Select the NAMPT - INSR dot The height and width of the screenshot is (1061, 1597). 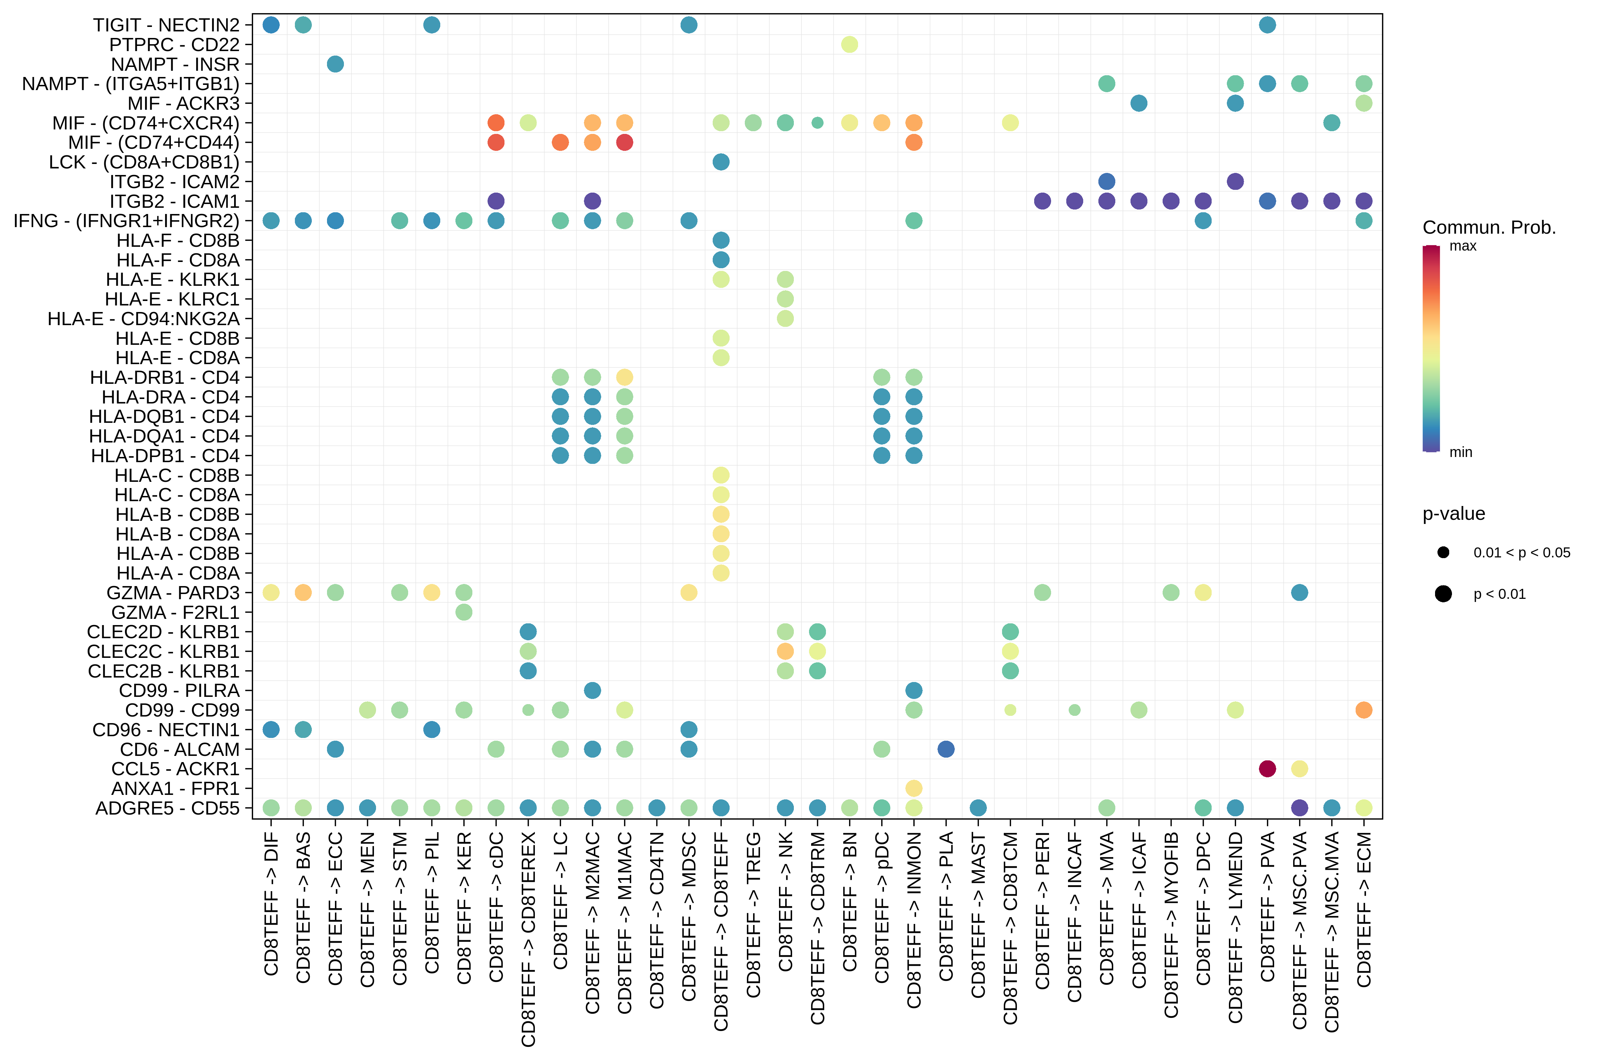(x=335, y=64)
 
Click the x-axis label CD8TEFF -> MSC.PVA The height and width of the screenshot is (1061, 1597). (x=1299, y=931)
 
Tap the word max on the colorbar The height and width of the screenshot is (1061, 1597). (x=1462, y=246)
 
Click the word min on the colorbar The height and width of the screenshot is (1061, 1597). (x=1460, y=452)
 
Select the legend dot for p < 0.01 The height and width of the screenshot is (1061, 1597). (x=1443, y=594)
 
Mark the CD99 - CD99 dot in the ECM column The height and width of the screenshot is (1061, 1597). (x=1364, y=710)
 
